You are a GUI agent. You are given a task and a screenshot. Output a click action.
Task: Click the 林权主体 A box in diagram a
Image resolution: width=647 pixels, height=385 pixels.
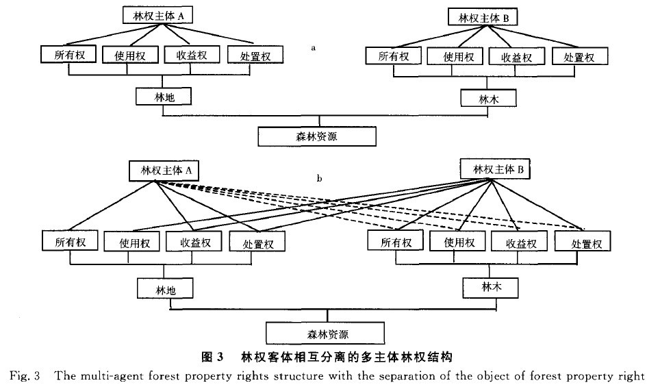pyautogui.click(x=157, y=13)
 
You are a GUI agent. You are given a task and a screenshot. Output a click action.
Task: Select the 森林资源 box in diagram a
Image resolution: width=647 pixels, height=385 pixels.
pyautogui.click(x=317, y=136)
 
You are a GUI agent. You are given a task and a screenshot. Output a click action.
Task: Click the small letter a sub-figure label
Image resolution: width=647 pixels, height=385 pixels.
pyautogui.click(x=312, y=48)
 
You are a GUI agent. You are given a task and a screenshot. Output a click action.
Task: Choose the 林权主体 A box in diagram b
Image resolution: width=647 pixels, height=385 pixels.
pyautogui.click(x=157, y=171)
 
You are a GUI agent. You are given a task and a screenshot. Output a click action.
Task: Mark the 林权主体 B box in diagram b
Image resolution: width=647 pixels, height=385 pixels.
pyautogui.click(x=493, y=168)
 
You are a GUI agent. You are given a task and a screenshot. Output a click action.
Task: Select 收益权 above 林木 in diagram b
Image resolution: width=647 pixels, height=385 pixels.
pyautogui.click(x=520, y=242)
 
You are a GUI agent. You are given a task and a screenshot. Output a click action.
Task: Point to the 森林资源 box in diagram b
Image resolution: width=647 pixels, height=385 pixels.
pyautogui.click(x=325, y=334)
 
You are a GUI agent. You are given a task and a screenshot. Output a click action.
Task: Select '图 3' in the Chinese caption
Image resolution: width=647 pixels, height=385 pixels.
pyautogui.click(x=212, y=357)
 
